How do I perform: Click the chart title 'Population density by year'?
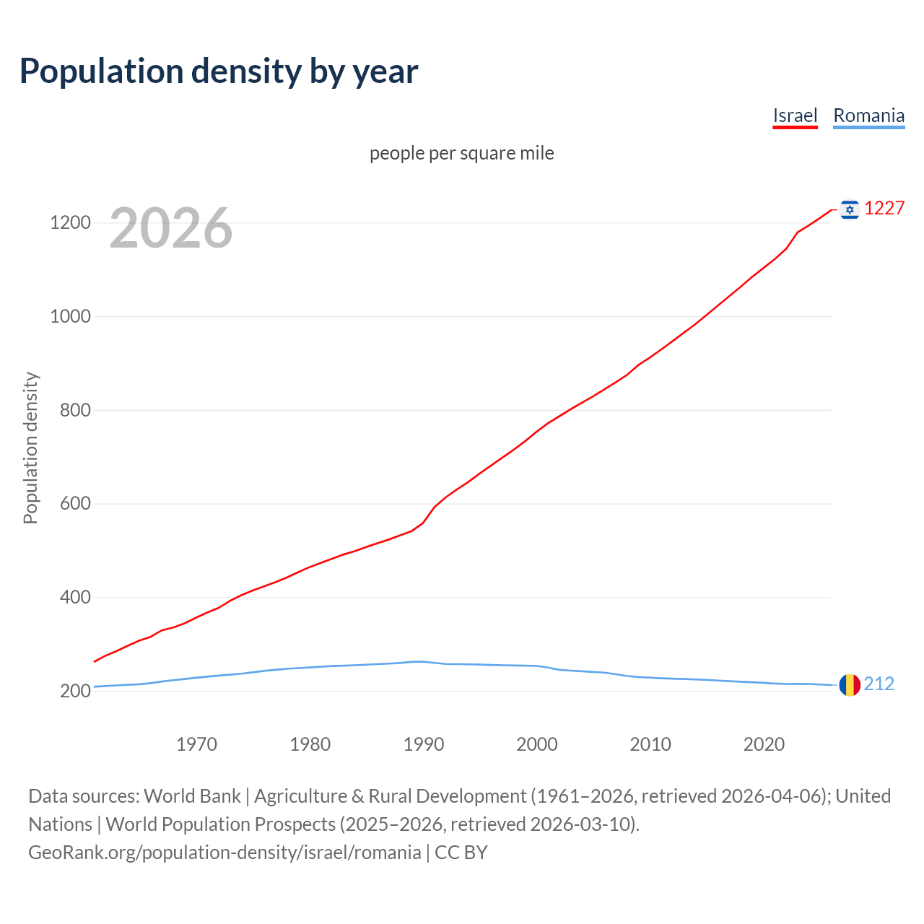(x=219, y=71)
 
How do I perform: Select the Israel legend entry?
(x=795, y=115)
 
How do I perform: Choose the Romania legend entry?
(x=868, y=115)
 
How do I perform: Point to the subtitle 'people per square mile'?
(x=462, y=154)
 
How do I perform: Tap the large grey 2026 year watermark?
(x=171, y=228)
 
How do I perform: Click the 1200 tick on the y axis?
(x=70, y=223)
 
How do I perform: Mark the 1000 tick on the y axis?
(x=70, y=317)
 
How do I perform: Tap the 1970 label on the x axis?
(x=196, y=744)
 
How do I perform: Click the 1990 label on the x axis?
(x=424, y=744)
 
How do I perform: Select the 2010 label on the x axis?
(x=650, y=744)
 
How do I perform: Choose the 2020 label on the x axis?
(x=764, y=744)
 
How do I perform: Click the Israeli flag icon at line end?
(x=850, y=209)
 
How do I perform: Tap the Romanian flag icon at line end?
(x=850, y=684)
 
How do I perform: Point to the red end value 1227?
(x=884, y=209)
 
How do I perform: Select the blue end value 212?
(x=879, y=684)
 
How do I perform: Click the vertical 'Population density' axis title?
(x=30, y=448)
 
